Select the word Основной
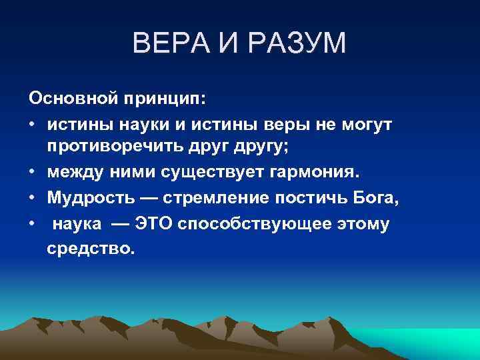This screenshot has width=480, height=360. pyautogui.click(x=72, y=100)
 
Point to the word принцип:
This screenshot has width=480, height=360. pyautogui.click(x=165, y=100)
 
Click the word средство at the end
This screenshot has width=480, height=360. pyautogui.click(x=90, y=249)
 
